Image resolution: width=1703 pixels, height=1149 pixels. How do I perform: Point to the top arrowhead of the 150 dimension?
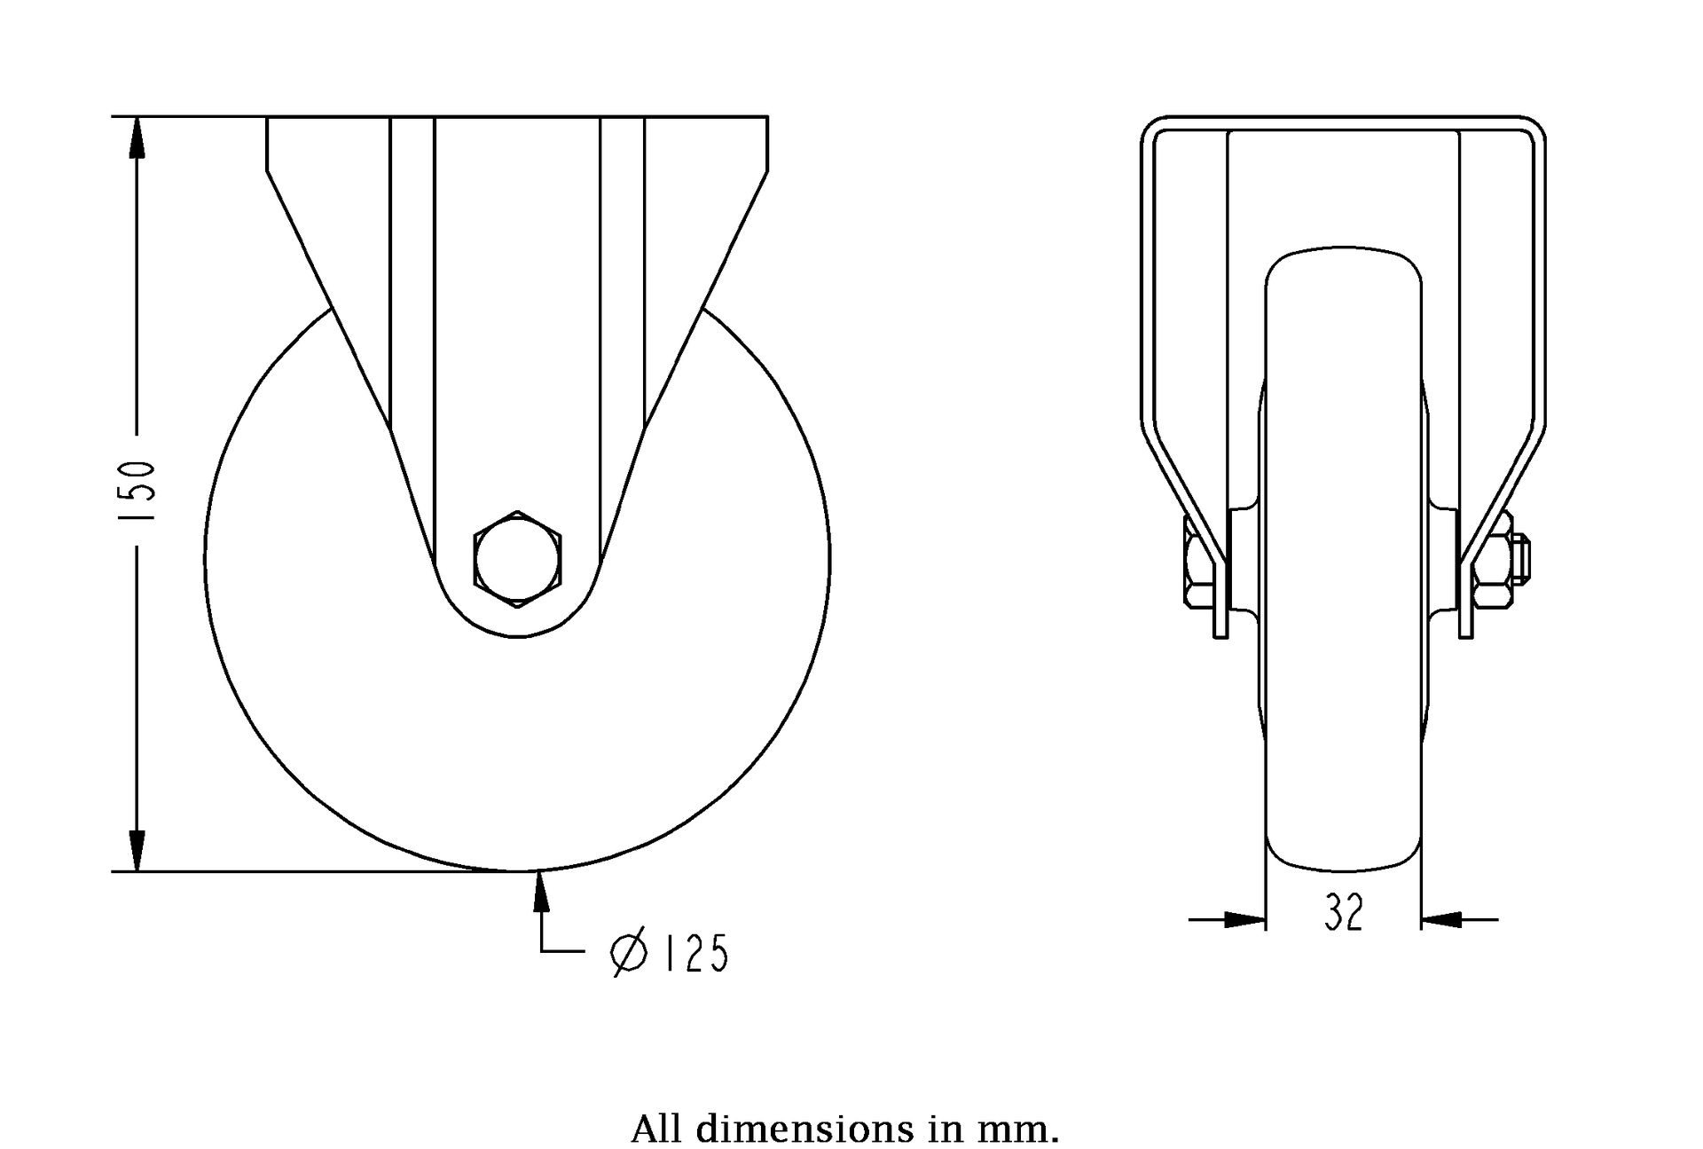tap(137, 138)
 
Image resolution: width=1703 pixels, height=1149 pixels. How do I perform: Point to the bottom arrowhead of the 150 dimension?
tap(137, 850)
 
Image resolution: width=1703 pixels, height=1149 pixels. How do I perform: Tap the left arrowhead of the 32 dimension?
tap(1244, 920)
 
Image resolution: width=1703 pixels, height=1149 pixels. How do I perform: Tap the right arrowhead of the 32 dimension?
tap(1441, 920)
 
